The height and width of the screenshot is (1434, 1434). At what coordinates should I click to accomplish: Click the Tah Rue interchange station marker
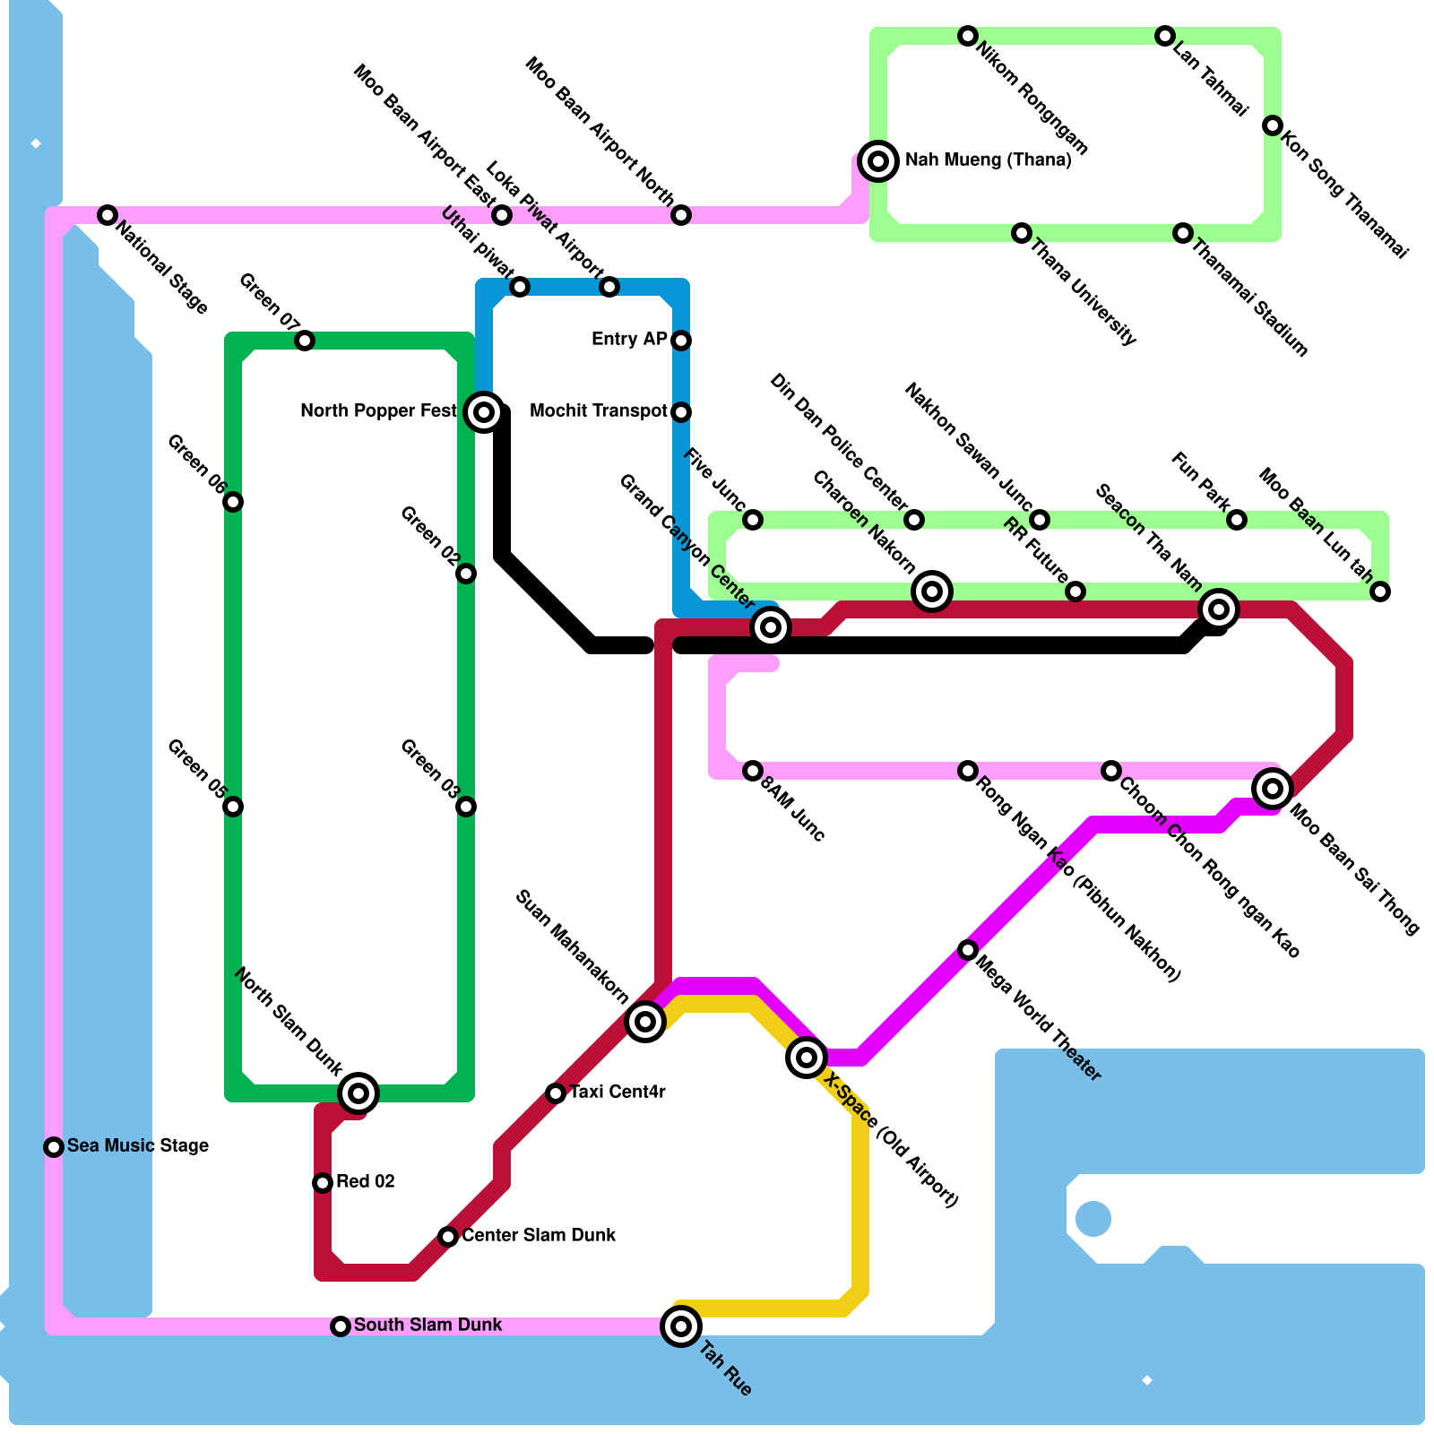pyautogui.click(x=681, y=1326)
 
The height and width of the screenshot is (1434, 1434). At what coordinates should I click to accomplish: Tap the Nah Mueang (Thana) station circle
pyautogui.click(x=878, y=161)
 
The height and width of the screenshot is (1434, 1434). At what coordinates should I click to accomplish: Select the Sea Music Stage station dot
pyautogui.click(x=54, y=1147)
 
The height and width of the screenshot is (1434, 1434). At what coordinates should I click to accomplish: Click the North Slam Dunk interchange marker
pyautogui.click(x=358, y=1093)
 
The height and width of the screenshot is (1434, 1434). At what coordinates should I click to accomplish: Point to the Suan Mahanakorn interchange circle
pyautogui.click(x=645, y=1021)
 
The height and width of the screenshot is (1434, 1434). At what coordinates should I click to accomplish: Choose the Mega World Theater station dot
pyautogui.click(x=968, y=950)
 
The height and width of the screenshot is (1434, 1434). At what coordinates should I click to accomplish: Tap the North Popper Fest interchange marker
pyautogui.click(x=484, y=412)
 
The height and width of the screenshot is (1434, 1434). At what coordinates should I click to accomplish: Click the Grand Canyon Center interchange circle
pyautogui.click(x=771, y=627)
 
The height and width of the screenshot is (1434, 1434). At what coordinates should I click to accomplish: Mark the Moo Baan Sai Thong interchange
pyautogui.click(x=1273, y=789)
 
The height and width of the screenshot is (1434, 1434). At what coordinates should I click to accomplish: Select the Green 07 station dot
pyautogui.click(x=305, y=341)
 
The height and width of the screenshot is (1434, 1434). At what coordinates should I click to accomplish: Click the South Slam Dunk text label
pyautogui.click(x=428, y=1325)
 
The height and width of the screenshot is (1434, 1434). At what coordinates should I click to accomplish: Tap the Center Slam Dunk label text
pyautogui.click(x=539, y=1235)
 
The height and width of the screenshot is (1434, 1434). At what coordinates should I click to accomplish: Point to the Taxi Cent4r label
pyautogui.click(x=618, y=1092)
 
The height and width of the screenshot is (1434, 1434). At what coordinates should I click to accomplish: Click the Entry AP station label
pyautogui.click(x=629, y=339)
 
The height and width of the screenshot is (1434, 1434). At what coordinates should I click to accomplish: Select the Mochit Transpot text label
pyautogui.click(x=599, y=410)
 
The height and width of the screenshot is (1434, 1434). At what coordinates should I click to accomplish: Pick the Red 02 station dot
pyautogui.click(x=323, y=1183)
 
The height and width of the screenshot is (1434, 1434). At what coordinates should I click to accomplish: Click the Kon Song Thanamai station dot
pyautogui.click(x=1273, y=125)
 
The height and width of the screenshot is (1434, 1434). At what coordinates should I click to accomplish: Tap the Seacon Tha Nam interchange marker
pyautogui.click(x=1219, y=609)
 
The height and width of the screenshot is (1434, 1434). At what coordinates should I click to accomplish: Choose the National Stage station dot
pyautogui.click(x=108, y=215)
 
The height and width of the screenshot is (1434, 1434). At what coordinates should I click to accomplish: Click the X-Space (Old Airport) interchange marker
pyautogui.click(x=807, y=1058)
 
